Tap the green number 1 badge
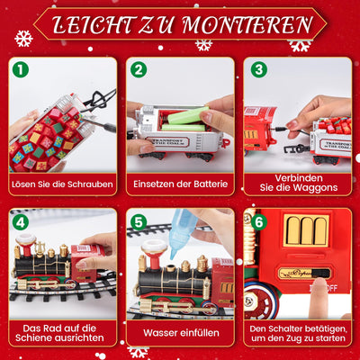pyautogui.click(x=21, y=69)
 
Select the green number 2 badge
pyautogui.click(x=138, y=69)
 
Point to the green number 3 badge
pyautogui.click(x=258, y=69)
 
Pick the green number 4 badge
pyautogui.click(x=21, y=221)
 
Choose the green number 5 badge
pyautogui.click(x=138, y=221)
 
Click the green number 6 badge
pyautogui.click(x=258, y=221)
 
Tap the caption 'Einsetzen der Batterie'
pyautogui.click(x=180, y=184)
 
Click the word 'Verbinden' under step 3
pyautogui.click(x=297, y=177)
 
